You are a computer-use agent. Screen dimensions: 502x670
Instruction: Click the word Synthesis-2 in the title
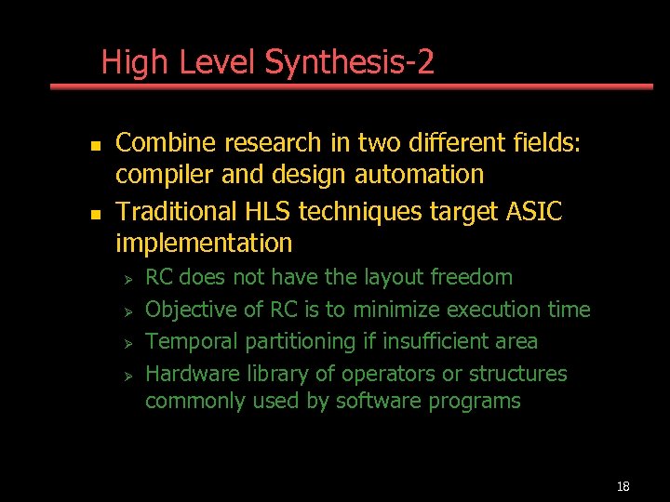click(x=350, y=63)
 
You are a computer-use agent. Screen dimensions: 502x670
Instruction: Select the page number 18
click(x=623, y=486)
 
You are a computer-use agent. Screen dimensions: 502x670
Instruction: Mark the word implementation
click(x=204, y=244)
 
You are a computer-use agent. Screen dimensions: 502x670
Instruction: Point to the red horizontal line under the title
click(x=351, y=86)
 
